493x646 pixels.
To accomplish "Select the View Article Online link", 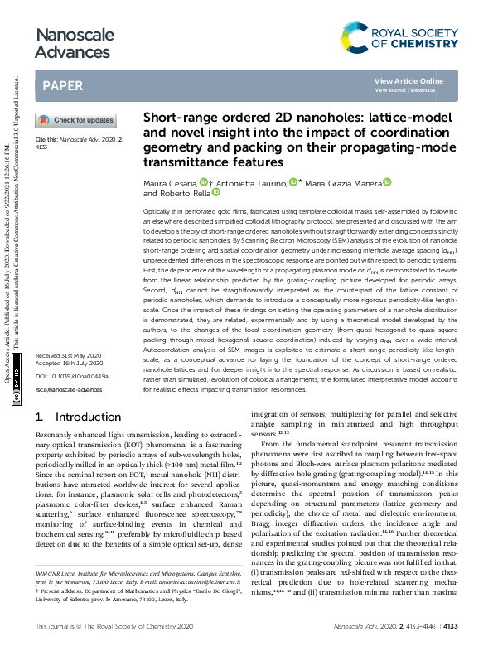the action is [408, 80].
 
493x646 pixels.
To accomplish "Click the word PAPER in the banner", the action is [62, 85].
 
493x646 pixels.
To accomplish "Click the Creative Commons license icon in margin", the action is [17, 398].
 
